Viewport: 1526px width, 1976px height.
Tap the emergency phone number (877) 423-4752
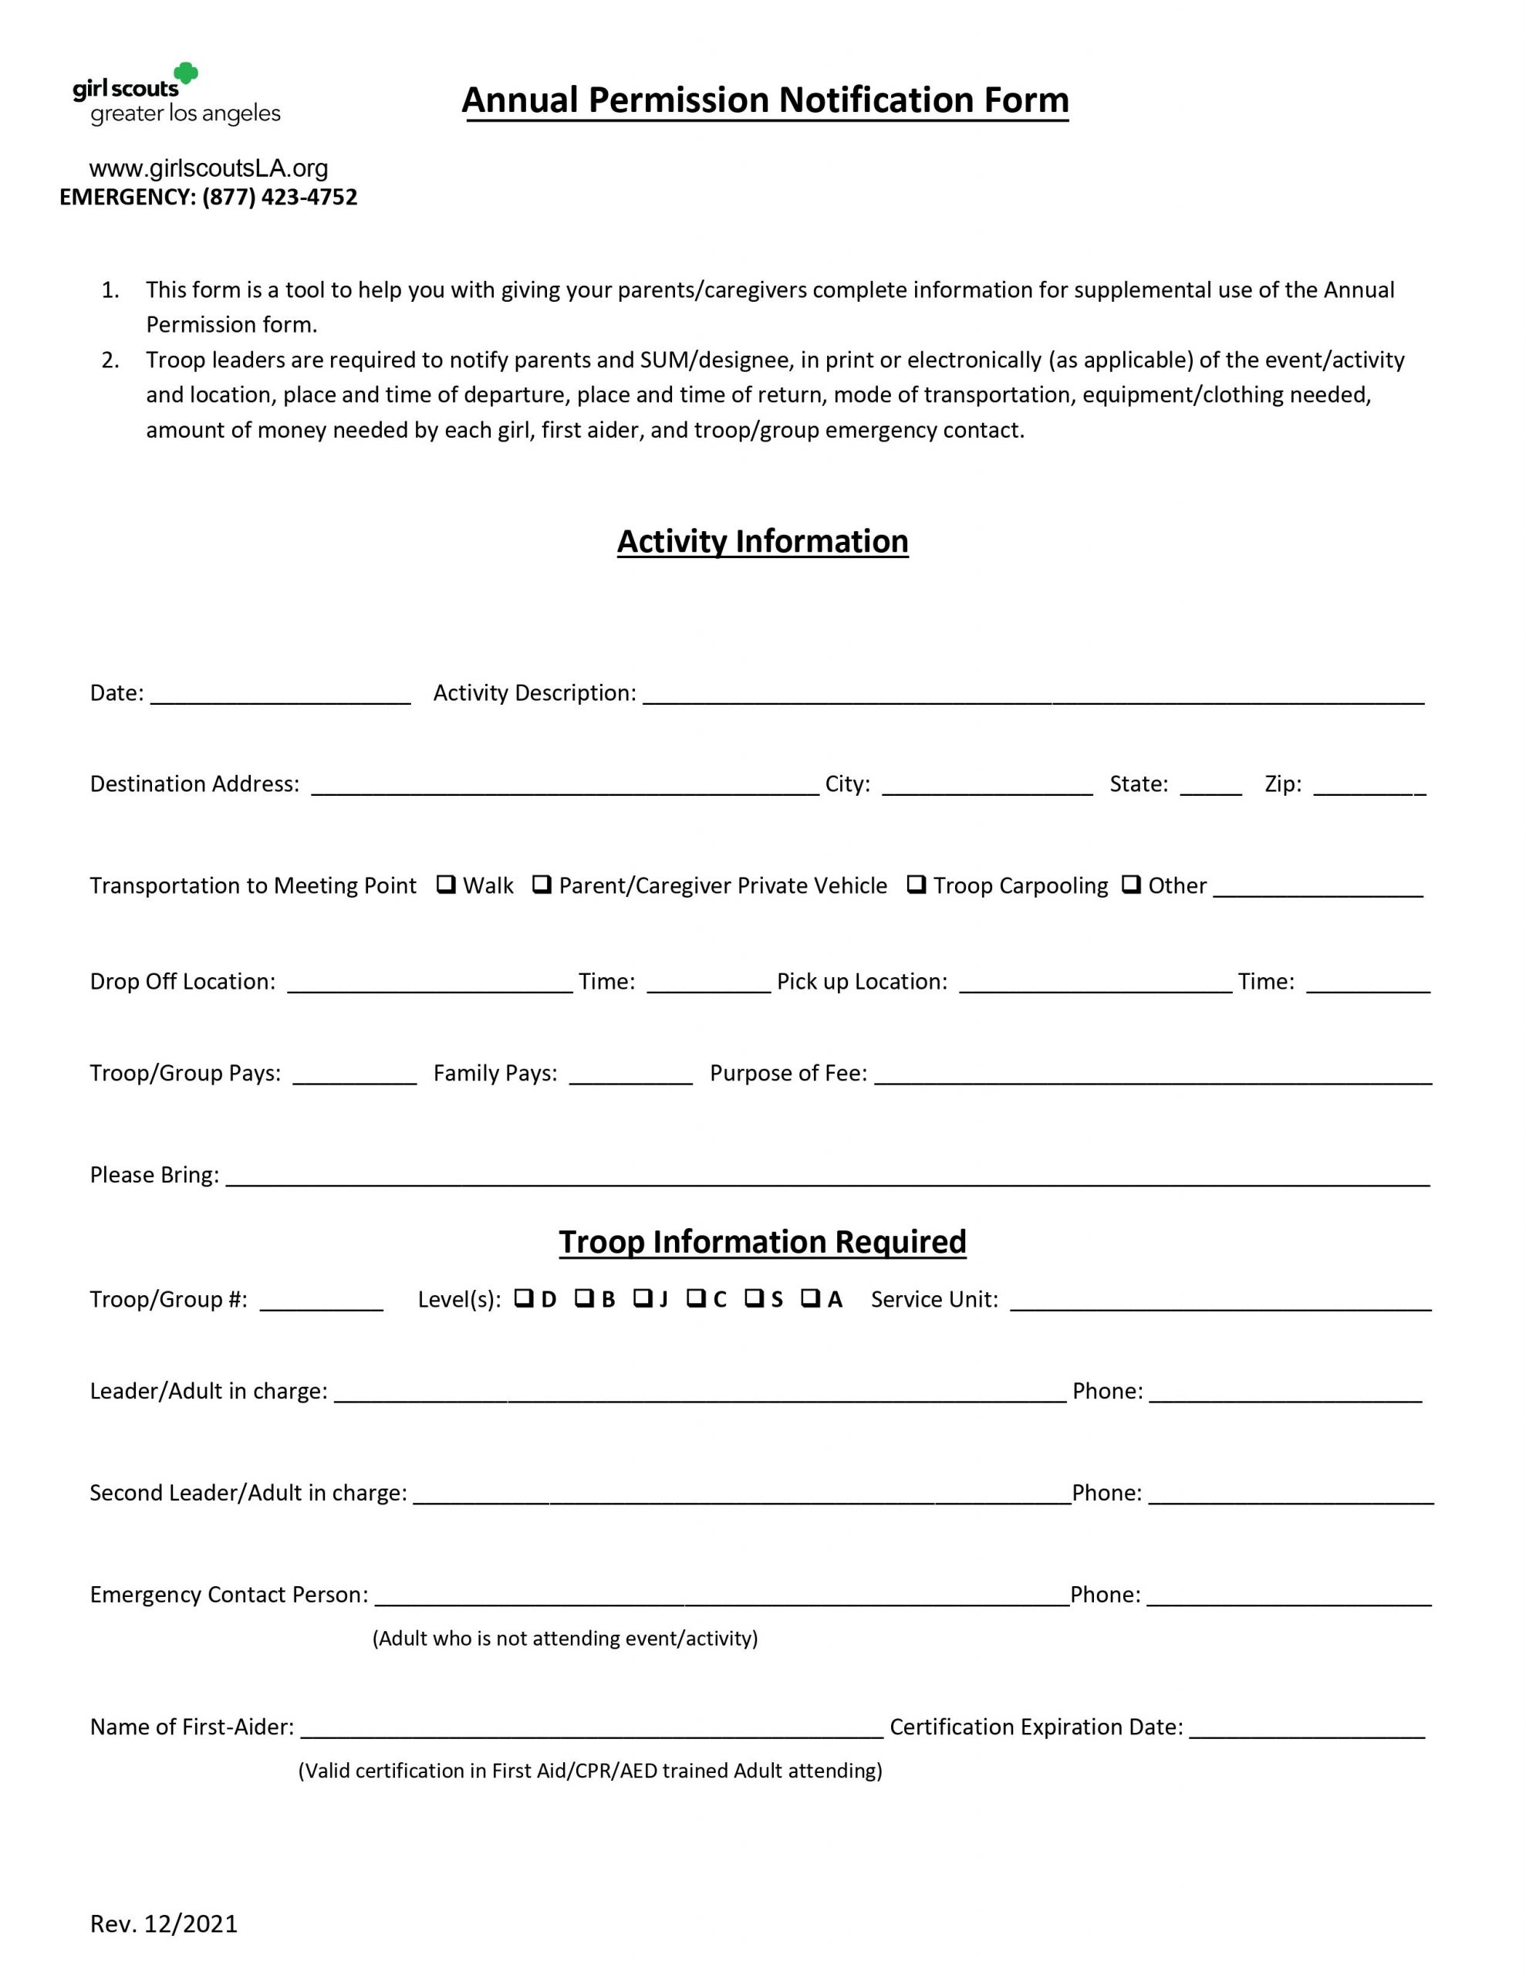point(279,198)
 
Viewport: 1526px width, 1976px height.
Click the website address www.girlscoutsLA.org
point(208,168)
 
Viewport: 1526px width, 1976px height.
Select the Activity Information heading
point(762,541)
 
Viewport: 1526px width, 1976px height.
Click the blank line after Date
point(280,695)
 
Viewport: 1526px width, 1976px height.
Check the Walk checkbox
point(445,884)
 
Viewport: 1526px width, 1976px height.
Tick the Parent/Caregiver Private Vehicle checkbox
point(541,884)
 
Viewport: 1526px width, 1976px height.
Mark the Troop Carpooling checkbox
point(916,884)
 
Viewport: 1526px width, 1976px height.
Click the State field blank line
point(1210,785)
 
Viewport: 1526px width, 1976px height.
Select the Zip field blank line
point(1369,785)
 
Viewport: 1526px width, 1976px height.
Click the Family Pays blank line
point(630,1075)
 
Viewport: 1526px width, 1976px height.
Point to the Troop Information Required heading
point(762,1241)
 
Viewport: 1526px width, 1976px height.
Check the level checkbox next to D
point(523,1298)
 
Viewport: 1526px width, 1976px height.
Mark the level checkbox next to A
point(811,1298)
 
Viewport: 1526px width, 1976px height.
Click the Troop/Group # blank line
point(321,1301)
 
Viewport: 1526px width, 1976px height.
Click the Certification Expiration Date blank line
point(1306,1729)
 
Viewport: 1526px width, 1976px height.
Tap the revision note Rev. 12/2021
point(164,1924)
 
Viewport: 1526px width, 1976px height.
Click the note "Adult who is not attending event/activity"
point(565,1639)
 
